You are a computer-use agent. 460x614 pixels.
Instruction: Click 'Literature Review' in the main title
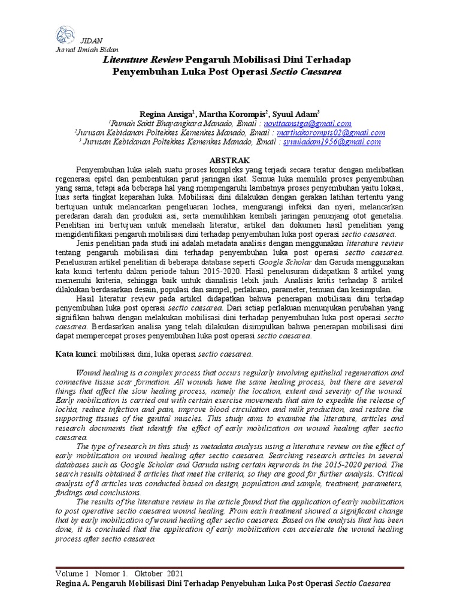coord(143,60)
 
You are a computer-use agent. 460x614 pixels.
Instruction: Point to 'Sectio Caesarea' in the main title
coord(306,71)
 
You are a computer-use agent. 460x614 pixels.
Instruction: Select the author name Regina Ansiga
coord(165,113)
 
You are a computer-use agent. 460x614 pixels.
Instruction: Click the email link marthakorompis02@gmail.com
coord(335,133)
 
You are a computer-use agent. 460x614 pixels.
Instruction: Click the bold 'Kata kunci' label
coord(75,354)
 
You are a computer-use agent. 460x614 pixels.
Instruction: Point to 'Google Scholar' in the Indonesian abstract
coord(286,261)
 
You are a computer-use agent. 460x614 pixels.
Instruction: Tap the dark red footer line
coord(230,566)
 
